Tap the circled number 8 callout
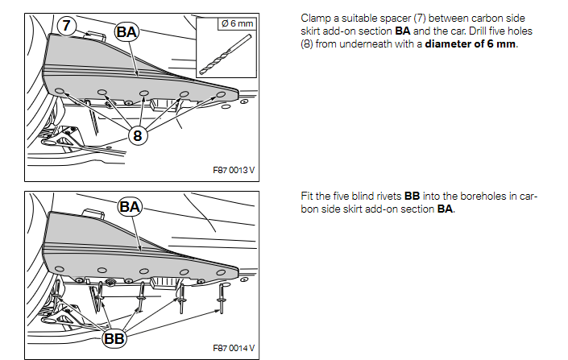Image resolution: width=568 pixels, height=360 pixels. click(138, 135)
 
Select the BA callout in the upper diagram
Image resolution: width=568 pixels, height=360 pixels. click(127, 32)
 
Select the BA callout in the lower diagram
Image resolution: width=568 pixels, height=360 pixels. click(130, 207)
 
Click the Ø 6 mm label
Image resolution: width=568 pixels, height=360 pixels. click(237, 23)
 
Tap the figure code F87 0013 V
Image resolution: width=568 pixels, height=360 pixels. click(234, 171)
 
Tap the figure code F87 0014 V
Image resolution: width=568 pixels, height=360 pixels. click(234, 348)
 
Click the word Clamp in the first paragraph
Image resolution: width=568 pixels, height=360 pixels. click(315, 17)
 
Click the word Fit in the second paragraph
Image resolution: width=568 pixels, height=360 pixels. click(306, 197)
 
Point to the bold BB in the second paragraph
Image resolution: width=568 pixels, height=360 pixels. click(412, 197)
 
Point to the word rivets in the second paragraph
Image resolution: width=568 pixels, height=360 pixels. click(386, 197)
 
